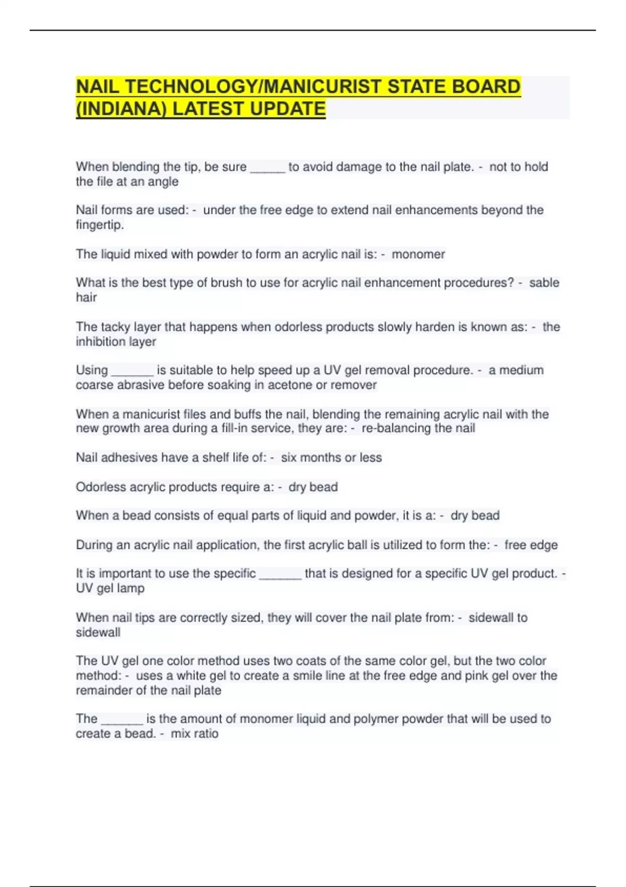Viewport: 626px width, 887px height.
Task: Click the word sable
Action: (544, 282)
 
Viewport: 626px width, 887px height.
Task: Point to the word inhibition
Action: (98, 342)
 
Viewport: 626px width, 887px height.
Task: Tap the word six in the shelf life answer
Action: (288, 458)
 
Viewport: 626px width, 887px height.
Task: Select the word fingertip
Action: (100, 225)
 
